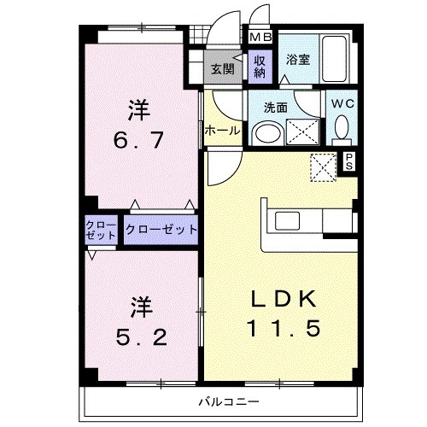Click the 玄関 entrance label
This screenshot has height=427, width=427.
coord(224,69)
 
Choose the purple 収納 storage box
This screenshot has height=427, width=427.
coord(260,67)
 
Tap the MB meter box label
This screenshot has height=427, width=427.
coord(260,37)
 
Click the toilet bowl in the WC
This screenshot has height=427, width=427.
coord(342,129)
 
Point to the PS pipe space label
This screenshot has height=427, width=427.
coord(349,162)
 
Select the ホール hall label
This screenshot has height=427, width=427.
coord(222,132)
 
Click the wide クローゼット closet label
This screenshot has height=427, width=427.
coord(161,230)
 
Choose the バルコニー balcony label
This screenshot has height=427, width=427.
coord(229,401)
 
